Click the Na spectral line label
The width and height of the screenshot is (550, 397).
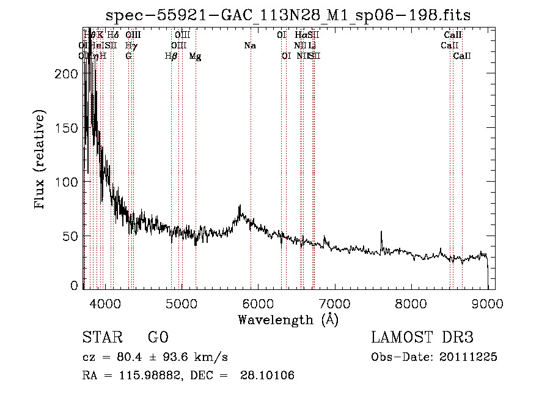[249, 45]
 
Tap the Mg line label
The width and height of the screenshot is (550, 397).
[195, 56]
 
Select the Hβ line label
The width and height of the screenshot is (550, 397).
[171, 56]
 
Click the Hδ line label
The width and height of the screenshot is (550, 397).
[113, 35]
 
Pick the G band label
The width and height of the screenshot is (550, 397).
[128, 56]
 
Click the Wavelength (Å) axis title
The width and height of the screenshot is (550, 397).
[288, 319]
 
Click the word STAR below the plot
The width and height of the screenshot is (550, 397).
[102, 338]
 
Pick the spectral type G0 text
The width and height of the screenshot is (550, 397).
[158, 338]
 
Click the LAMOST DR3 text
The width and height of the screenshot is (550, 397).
[422, 338]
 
